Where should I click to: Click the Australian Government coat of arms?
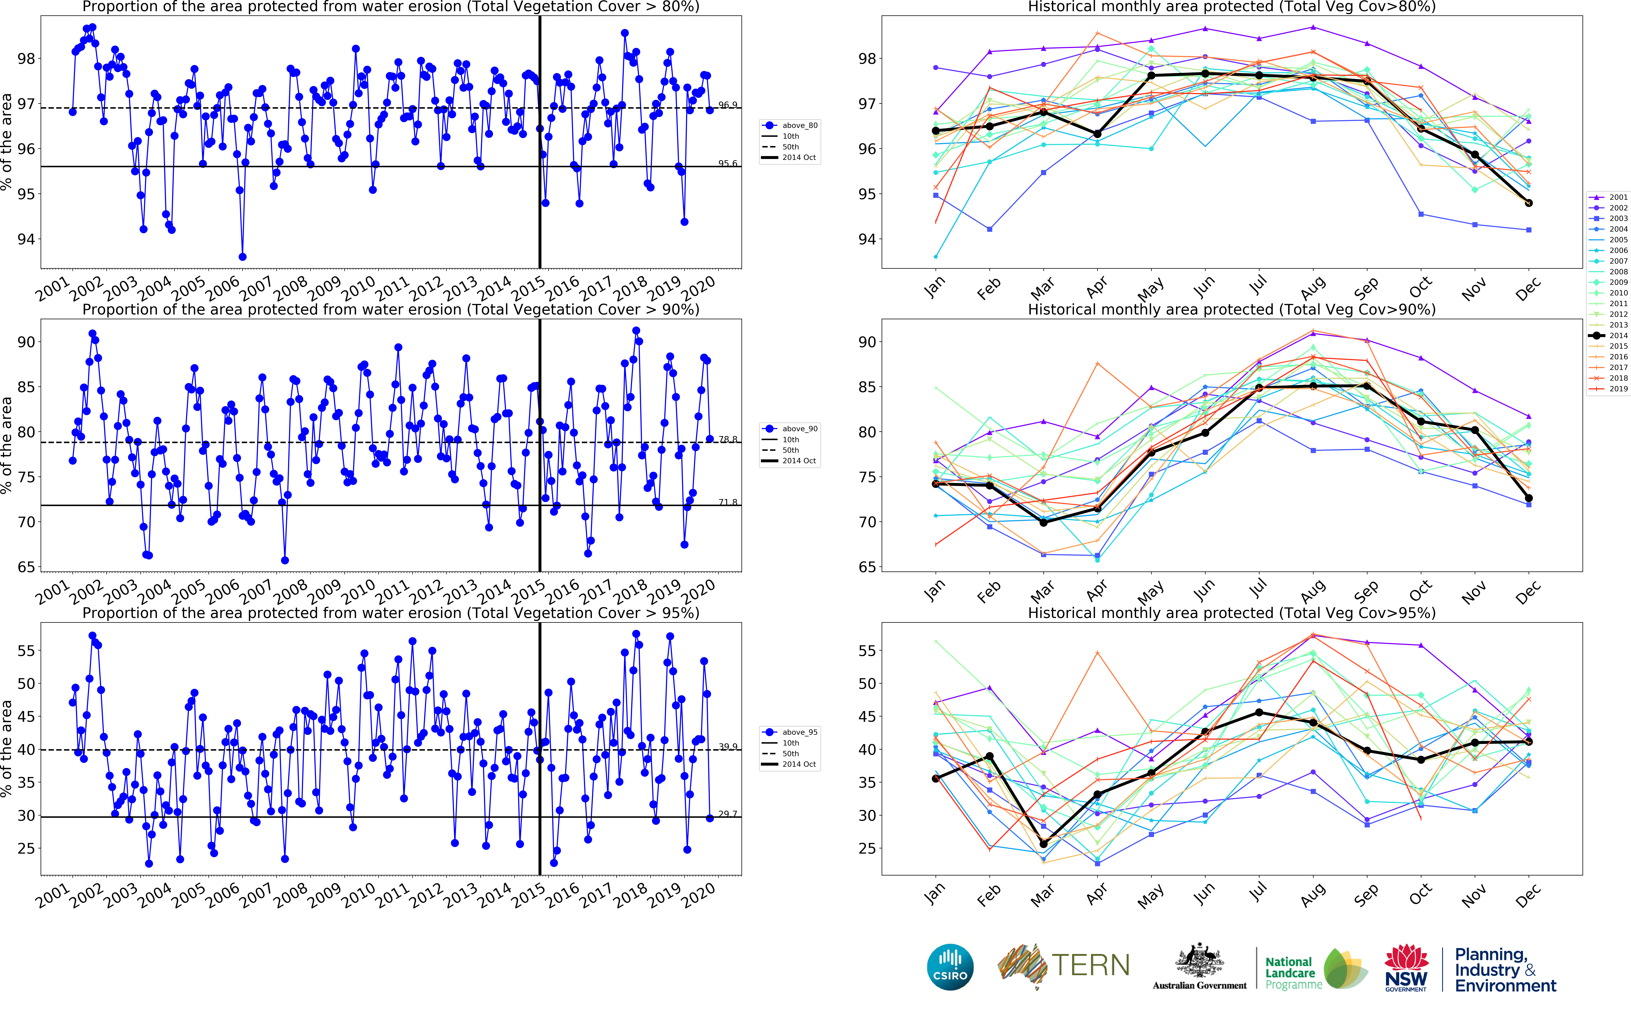click(1199, 962)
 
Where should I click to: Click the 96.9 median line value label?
click(728, 105)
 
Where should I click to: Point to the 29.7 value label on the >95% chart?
click(728, 814)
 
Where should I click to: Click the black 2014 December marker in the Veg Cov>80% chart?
click(1528, 203)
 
